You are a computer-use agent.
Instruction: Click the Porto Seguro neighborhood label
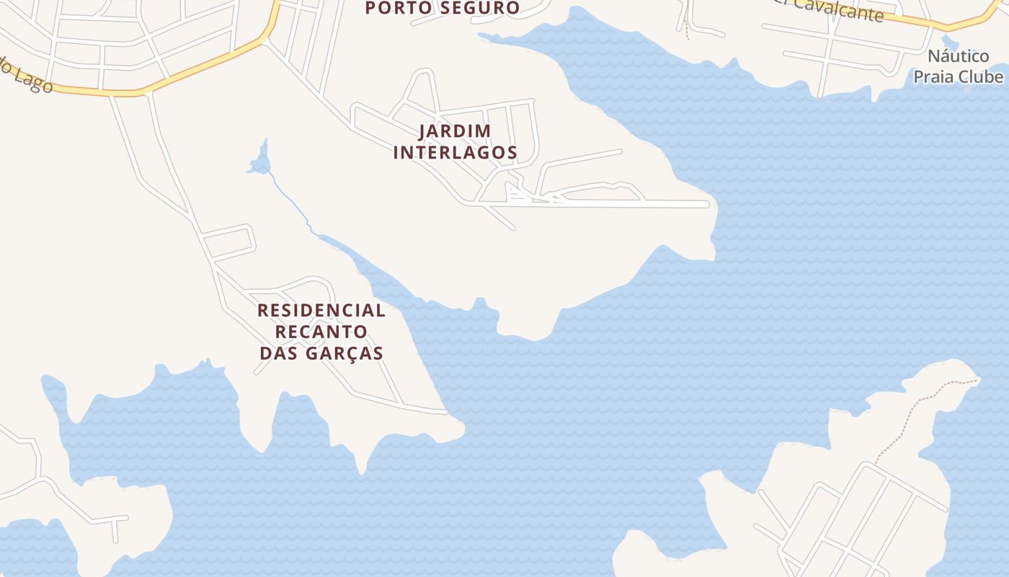pos(442,8)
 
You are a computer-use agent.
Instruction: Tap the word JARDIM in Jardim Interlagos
pos(455,131)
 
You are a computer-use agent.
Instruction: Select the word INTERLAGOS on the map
pos(455,152)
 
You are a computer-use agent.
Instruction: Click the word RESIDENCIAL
pos(321,311)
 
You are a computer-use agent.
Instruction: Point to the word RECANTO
pos(321,332)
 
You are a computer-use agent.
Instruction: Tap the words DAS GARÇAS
pos(321,353)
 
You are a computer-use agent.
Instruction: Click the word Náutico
pos(958,56)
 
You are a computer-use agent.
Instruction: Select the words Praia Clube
pos(958,76)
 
